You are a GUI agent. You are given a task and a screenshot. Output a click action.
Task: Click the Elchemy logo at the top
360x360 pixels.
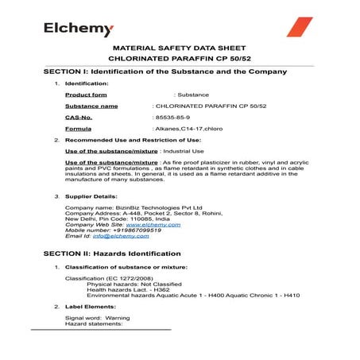[79, 29]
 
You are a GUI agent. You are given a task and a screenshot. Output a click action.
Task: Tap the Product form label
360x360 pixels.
[86, 95]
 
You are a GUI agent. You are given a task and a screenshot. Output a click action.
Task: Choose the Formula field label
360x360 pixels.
[78, 128]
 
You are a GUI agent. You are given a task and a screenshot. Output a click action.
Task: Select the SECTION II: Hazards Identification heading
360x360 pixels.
[123, 253]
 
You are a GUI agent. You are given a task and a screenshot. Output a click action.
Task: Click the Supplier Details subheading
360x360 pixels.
[91, 195]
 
